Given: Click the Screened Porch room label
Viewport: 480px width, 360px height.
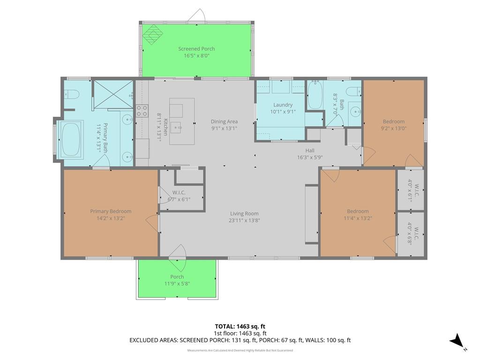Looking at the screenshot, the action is coord(196,49).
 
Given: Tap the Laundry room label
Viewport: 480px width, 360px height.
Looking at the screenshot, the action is coord(283,105).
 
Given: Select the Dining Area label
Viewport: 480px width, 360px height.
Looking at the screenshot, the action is coord(224,121).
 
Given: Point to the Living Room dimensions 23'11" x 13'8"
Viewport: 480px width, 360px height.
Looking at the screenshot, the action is coord(244,220).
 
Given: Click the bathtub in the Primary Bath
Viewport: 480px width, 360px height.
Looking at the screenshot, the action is coord(71,140).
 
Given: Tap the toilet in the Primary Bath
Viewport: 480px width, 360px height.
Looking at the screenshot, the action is coord(71,94).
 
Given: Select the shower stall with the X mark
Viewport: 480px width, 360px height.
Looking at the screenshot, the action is coord(113,94).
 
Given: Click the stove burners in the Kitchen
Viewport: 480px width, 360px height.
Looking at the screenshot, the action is coord(142,111).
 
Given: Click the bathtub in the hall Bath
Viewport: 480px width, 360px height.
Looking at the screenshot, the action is coord(315,95).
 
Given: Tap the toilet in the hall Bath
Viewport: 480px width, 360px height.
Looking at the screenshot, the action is coord(353,91).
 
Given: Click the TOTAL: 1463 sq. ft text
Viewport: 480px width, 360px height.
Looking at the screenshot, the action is coord(240,326).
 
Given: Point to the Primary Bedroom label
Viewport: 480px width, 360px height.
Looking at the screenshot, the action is coord(111,211).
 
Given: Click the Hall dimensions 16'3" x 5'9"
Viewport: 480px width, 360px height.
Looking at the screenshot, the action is coord(310,157).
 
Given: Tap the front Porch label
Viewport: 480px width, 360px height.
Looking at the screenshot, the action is coord(177,277).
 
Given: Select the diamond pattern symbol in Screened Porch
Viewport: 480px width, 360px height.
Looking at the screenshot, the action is coord(153,34).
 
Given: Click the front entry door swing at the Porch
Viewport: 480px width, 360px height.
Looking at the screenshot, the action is coord(178,257).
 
